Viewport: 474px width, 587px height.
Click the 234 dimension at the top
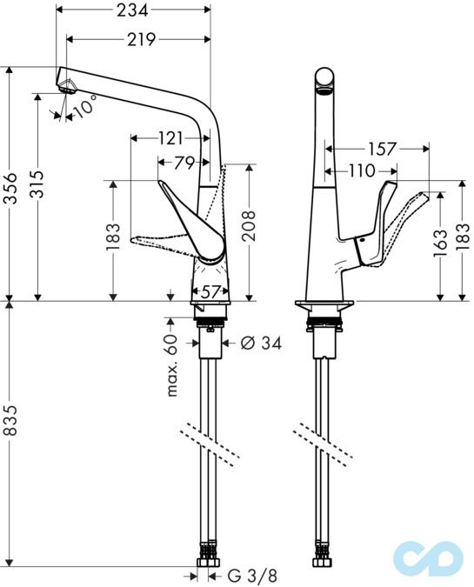[x=133, y=10]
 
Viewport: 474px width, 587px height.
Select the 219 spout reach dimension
[x=138, y=39]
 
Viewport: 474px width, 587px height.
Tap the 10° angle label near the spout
[x=84, y=110]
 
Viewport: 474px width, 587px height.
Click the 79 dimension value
[x=184, y=163]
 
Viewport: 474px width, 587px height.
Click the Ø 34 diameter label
[x=260, y=344]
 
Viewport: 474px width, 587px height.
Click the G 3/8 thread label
[x=256, y=575]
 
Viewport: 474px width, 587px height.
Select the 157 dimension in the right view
[x=377, y=149]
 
